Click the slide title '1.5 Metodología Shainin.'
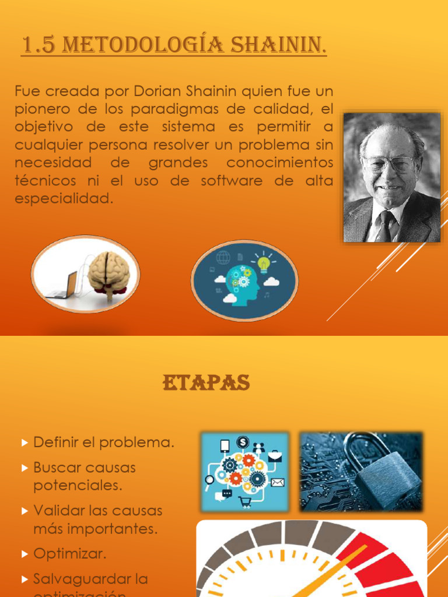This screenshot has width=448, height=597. (x=173, y=44)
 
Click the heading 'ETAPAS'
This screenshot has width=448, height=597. (x=206, y=383)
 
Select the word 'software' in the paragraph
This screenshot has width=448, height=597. (x=232, y=181)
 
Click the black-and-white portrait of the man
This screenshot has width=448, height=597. (x=391, y=177)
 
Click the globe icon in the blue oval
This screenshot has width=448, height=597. (x=223, y=257)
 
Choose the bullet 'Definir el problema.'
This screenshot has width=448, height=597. (x=104, y=443)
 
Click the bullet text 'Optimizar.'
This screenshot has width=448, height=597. (x=70, y=553)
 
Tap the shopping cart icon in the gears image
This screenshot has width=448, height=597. (x=245, y=503)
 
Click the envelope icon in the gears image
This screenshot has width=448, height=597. (x=277, y=482)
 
